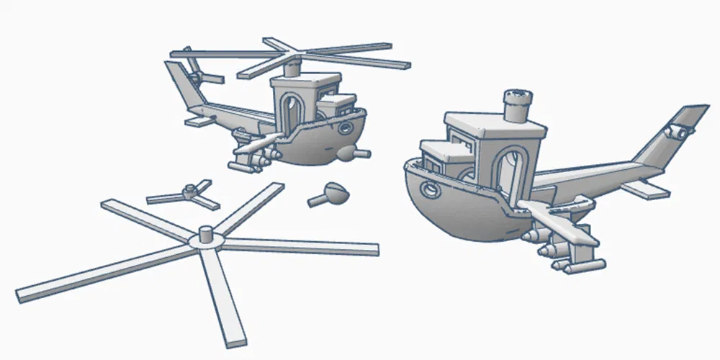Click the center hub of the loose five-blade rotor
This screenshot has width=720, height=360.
(x=204, y=238)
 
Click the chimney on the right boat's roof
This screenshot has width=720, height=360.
(x=517, y=104)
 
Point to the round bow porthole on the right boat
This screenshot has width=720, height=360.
(x=430, y=189)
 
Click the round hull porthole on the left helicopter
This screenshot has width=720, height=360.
(x=346, y=129)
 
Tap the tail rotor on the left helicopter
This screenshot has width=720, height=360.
(x=195, y=71)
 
